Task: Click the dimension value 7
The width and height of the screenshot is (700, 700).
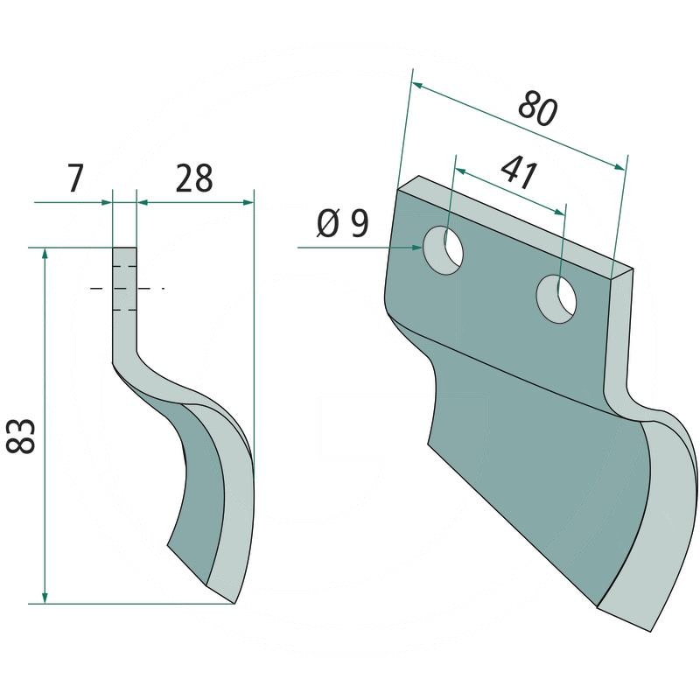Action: [74, 178]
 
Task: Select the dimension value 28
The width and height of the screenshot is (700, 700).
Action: [194, 178]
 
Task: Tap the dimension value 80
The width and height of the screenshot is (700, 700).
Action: [537, 108]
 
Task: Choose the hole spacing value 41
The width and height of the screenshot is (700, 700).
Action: [520, 173]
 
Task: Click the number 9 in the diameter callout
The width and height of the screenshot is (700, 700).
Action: [359, 226]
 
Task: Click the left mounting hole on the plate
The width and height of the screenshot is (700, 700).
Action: [444, 249]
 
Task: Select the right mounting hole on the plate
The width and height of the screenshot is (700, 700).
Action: [557, 298]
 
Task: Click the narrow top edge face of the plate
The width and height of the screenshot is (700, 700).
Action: [516, 226]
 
